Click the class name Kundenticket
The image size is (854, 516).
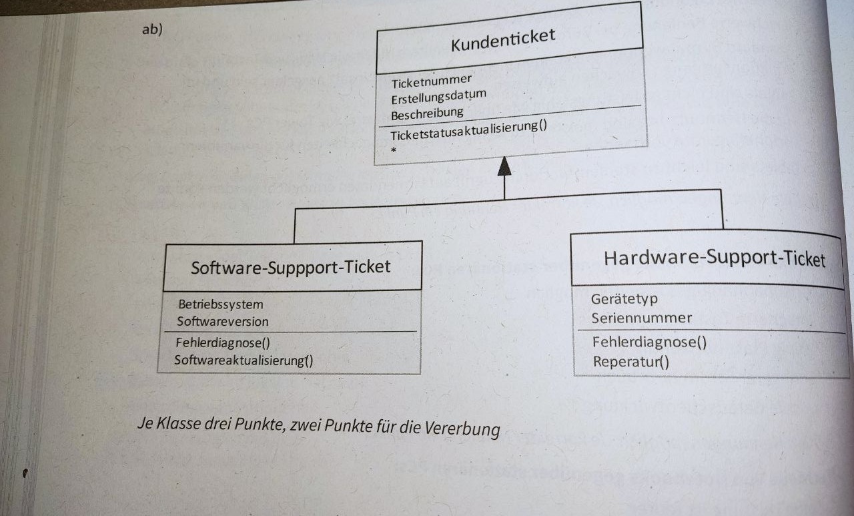coord(503,39)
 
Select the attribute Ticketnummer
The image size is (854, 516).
coord(431,81)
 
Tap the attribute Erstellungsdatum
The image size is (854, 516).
coord(438,97)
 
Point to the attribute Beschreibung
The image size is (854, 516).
coord(427,113)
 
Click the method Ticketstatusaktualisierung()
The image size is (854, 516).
coord(468,130)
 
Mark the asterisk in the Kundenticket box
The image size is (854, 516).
coord(394,150)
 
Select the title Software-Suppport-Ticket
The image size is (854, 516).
coord(290,267)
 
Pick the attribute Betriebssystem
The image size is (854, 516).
coord(221,304)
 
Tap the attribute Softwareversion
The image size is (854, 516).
coord(223,322)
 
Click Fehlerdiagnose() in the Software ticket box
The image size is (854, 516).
coord(223,342)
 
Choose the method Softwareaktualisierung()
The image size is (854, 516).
coord(244,360)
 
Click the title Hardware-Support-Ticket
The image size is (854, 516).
coord(715,258)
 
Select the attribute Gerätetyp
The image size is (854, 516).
coord(624,299)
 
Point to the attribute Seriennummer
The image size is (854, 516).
coord(641,318)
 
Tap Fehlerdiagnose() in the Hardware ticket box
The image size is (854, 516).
coord(649,342)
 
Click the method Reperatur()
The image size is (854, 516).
coord(631,362)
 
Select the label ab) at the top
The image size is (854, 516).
coord(152,29)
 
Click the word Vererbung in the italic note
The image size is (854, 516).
coord(462,428)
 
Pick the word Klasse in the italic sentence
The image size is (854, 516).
coord(178,423)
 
